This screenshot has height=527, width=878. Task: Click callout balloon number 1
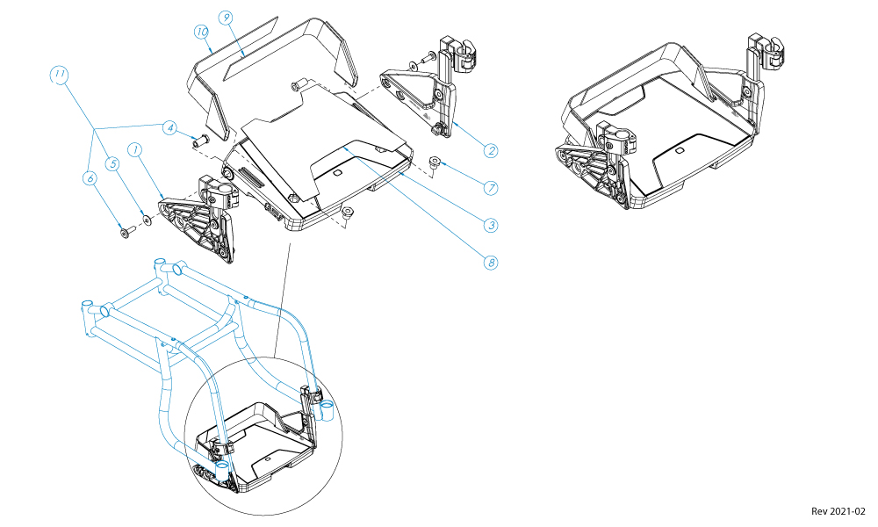(x=135, y=150)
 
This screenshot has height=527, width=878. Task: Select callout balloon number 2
(x=491, y=150)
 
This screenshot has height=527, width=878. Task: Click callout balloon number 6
(x=90, y=177)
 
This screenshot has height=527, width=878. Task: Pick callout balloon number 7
(x=491, y=187)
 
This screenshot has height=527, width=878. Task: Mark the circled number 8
(x=491, y=262)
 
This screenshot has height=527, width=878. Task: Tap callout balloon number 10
(x=201, y=31)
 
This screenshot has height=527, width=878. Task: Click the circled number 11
(x=60, y=76)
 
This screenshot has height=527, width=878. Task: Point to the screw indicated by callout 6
(x=126, y=232)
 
